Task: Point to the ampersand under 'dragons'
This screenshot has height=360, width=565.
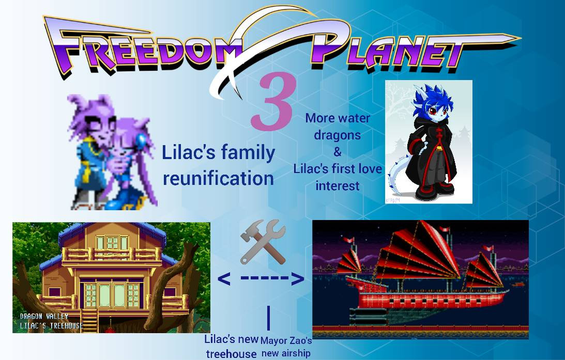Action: click(337, 151)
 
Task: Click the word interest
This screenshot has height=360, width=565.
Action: click(337, 186)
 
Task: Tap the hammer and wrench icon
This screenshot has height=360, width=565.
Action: click(263, 242)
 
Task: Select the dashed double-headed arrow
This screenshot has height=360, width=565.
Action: click(261, 278)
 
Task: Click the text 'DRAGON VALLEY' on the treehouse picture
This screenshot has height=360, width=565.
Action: click(44, 316)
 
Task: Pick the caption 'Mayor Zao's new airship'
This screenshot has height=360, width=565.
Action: click(286, 347)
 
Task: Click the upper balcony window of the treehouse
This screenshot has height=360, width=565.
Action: click(112, 243)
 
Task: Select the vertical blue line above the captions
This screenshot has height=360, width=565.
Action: click(268, 318)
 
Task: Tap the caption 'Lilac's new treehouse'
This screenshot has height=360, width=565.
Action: click(232, 347)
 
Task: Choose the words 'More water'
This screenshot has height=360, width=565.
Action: click(338, 118)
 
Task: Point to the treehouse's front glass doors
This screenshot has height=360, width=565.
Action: click(112, 295)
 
